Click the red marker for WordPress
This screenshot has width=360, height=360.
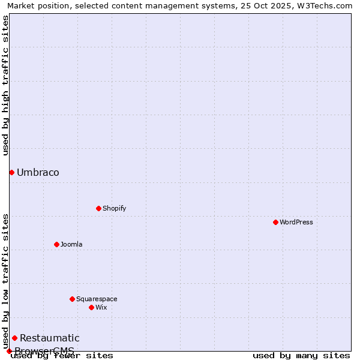tap(275, 222)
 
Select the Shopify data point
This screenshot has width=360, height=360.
tap(98, 208)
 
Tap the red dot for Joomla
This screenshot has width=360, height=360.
tap(56, 244)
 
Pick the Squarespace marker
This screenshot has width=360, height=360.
tap(72, 299)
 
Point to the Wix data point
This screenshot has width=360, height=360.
tap(91, 307)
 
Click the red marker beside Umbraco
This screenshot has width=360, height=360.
tap(11, 172)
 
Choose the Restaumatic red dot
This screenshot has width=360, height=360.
tap(14, 338)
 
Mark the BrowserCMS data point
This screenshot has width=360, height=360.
tap(9, 351)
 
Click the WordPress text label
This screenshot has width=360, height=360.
tap(296, 222)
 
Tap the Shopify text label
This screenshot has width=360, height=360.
tap(114, 208)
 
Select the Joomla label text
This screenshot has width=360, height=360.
tap(71, 244)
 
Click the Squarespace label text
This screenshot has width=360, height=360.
tap(97, 299)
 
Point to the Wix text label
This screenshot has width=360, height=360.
tap(101, 307)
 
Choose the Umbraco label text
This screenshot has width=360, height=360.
tap(38, 173)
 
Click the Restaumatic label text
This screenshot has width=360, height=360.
tap(49, 338)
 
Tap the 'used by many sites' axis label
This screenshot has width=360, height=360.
tap(301, 356)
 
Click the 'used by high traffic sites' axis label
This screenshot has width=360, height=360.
tap(5, 85)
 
